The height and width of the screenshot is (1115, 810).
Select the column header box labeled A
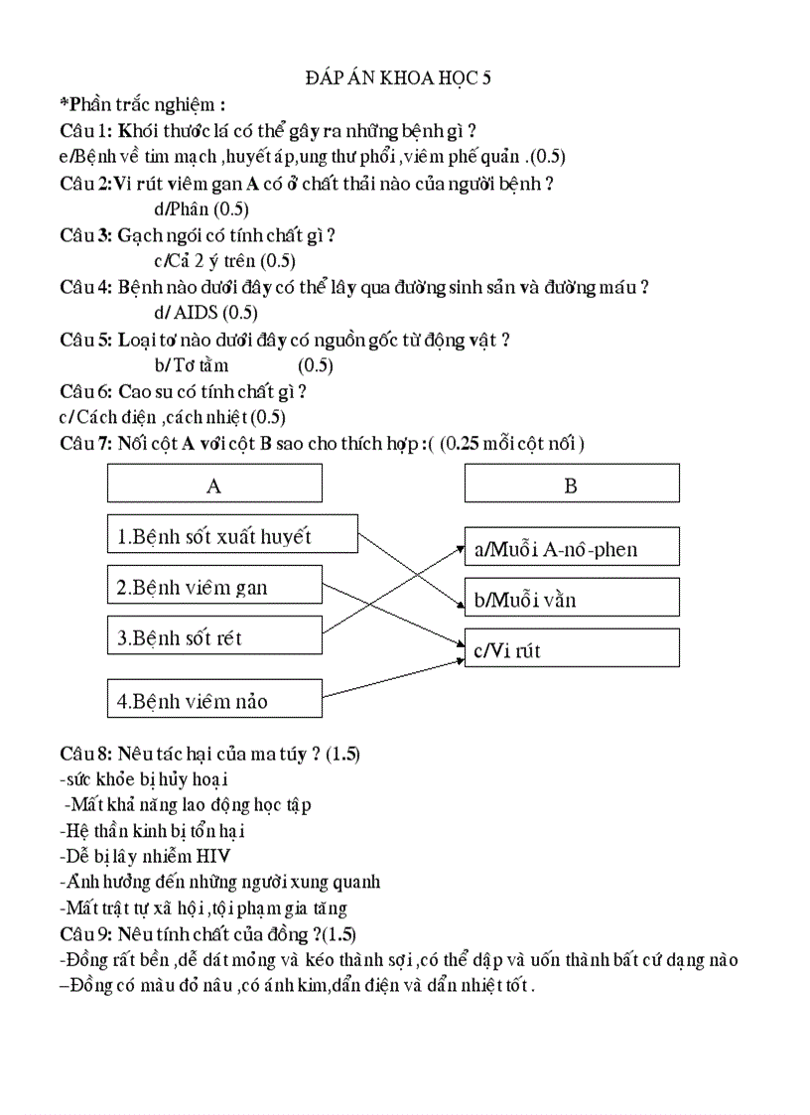(213, 485)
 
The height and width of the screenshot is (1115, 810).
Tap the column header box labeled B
(572, 485)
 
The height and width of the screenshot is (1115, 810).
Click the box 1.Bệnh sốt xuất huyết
(231, 536)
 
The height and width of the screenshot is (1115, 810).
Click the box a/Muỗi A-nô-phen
(572, 548)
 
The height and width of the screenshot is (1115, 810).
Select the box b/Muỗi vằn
(572, 599)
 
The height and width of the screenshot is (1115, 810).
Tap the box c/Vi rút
(572, 649)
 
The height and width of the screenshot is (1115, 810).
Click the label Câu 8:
(86, 754)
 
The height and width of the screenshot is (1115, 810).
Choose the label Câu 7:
(86, 443)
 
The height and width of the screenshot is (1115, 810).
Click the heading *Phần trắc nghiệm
(142, 103)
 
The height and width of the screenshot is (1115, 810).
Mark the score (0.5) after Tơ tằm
(316, 364)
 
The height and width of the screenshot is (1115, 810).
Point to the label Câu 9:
(86, 934)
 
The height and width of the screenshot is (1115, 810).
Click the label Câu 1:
(86, 130)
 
